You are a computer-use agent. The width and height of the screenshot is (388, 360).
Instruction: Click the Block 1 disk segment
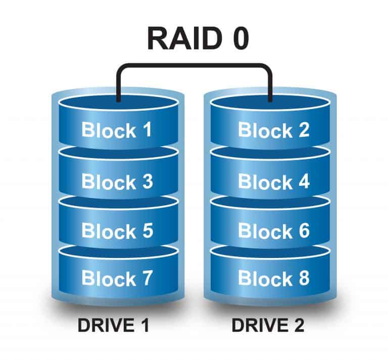tap(117, 130)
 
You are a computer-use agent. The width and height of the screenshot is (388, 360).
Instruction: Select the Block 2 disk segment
tap(273, 130)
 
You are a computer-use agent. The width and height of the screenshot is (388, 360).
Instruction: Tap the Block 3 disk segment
tap(117, 181)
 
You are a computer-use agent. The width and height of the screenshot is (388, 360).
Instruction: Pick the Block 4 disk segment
tap(273, 181)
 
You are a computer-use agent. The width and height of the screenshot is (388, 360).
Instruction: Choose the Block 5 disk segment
tap(117, 231)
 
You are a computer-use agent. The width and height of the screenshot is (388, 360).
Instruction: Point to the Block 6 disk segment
tap(273, 231)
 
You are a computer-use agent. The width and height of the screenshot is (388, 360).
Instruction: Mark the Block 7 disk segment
tap(117, 278)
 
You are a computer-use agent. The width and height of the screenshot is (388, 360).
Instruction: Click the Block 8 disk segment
tap(273, 278)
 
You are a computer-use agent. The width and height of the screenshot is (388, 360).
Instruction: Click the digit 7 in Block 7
tap(145, 278)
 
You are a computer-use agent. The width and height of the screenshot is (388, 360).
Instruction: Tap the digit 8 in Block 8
tap(303, 278)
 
